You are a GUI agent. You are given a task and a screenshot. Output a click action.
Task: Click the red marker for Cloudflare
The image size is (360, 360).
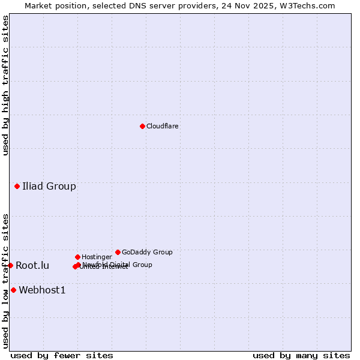tap(142, 126)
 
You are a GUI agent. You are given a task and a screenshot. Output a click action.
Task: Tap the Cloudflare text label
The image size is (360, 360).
tap(162, 127)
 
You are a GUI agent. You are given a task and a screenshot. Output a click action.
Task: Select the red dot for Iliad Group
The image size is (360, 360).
tap(17, 186)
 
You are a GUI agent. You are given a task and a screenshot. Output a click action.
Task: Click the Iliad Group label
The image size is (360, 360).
tap(49, 186)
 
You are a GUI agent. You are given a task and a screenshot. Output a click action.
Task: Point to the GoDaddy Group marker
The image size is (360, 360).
tap(118, 252)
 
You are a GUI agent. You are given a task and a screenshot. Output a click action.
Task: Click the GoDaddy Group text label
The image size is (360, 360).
tap(147, 253)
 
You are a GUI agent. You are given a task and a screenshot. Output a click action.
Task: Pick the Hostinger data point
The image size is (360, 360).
tap(77, 257)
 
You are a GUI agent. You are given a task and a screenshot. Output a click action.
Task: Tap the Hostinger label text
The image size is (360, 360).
tap(97, 257)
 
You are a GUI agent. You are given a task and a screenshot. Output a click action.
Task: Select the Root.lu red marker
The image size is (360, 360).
tap(10, 265)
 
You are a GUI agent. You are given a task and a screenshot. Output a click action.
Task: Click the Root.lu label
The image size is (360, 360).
tap(32, 266)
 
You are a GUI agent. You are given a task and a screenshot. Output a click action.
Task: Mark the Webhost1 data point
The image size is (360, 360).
tap(13, 290)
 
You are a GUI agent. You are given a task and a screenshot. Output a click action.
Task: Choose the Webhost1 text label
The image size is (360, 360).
tap(42, 290)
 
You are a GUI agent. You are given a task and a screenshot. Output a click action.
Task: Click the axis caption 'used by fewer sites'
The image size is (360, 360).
tap(62, 356)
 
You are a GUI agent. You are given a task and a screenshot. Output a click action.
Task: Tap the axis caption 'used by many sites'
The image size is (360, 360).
tap(301, 356)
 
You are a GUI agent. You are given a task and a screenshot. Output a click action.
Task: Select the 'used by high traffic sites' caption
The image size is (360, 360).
tap(5, 85)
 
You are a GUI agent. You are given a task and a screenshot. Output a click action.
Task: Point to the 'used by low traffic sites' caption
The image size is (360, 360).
tap(5, 281)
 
